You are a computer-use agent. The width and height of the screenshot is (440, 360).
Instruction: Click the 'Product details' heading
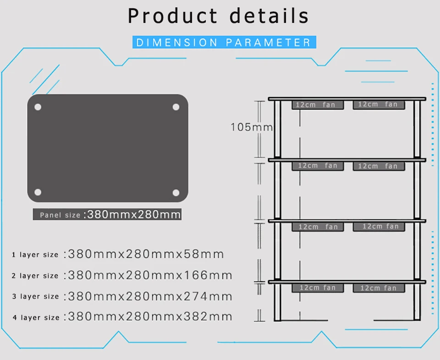click(x=218, y=16)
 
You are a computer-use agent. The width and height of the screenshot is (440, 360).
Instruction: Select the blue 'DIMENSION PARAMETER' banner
click(x=224, y=42)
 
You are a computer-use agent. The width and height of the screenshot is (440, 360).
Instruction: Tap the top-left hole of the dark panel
click(x=38, y=107)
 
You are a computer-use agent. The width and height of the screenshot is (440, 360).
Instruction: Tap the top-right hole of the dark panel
click(x=176, y=107)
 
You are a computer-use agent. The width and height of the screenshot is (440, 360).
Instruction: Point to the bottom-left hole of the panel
click(x=38, y=192)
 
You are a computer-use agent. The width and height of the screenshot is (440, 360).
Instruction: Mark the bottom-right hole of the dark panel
click(x=176, y=193)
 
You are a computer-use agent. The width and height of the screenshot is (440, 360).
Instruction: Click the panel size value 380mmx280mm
click(x=134, y=215)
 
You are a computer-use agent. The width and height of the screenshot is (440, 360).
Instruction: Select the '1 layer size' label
click(x=35, y=255)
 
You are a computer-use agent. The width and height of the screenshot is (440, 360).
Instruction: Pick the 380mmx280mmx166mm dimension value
click(x=150, y=276)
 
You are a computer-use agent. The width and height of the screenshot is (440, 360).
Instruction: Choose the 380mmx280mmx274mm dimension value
click(x=150, y=297)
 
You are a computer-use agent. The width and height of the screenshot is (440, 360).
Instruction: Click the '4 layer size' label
click(x=36, y=318)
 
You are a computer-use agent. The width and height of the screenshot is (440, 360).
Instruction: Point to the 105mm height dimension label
click(x=252, y=127)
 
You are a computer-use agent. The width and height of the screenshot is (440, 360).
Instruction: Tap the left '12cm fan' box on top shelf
click(x=318, y=105)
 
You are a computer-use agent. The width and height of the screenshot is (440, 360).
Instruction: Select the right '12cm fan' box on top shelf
click(x=379, y=105)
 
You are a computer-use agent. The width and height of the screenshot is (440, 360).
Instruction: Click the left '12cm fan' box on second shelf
click(x=318, y=166)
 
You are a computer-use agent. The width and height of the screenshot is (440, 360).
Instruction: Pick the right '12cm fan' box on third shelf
click(x=379, y=227)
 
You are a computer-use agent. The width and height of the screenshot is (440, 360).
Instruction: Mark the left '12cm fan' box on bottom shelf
click(x=318, y=288)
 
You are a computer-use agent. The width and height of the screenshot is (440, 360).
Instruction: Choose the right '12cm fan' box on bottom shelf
click(x=379, y=288)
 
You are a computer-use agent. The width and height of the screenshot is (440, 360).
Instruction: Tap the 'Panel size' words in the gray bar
click(x=60, y=215)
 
